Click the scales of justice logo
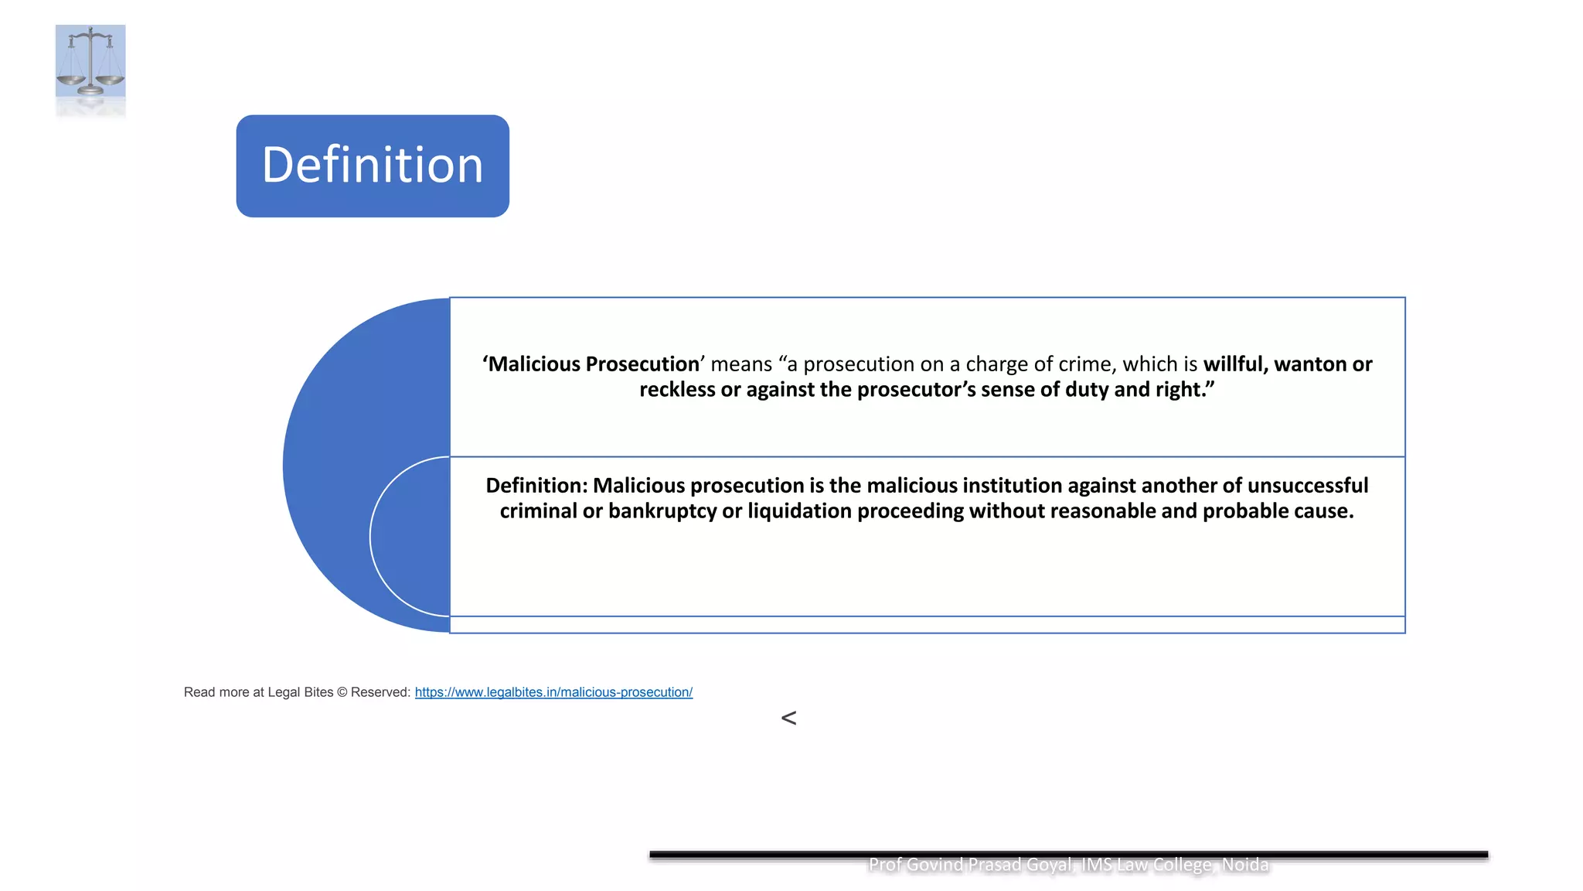pyautogui.click(x=90, y=62)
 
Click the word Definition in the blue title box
pyautogui.click(x=373, y=166)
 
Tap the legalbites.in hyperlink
pyautogui.click(x=553, y=692)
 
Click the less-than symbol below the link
pyautogui.click(x=788, y=719)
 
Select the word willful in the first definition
pyautogui.click(x=1234, y=364)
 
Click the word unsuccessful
pyautogui.click(x=1307, y=486)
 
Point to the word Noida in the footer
pyautogui.click(x=1245, y=865)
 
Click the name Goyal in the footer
pyautogui.click(x=1047, y=865)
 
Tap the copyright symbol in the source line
pyautogui.click(x=342, y=692)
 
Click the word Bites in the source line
pyautogui.click(x=318, y=692)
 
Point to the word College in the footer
pyautogui.click(x=1183, y=865)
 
